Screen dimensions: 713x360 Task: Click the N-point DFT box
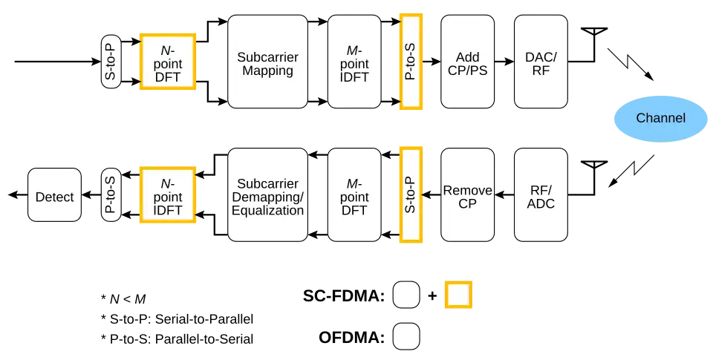(168, 62)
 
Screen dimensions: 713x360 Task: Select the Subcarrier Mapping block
(267, 62)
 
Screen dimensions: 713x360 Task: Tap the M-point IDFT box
(354, 62)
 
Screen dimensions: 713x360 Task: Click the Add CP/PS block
(467, 62)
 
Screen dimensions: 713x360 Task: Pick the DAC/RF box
(541, 62)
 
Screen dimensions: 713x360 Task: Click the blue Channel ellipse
(660, 119)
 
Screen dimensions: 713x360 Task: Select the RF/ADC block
(541, 194)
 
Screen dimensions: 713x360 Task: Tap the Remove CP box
(467, 194)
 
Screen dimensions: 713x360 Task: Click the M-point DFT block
(354, 194)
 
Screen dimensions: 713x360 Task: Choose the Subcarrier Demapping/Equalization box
(267, 194)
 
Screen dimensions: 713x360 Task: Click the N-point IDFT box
(168, 194)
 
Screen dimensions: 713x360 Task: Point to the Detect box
(54, 195)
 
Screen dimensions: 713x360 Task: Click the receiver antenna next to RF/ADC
(594, 177)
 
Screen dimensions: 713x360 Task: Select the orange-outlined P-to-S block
(411, 62)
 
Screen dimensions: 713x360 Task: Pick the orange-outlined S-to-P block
(411, 194)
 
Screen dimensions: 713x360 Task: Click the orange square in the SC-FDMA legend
(458, 295)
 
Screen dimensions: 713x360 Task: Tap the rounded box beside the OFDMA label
(406, 336)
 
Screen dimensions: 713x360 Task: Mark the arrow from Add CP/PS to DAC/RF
(504, 62)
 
